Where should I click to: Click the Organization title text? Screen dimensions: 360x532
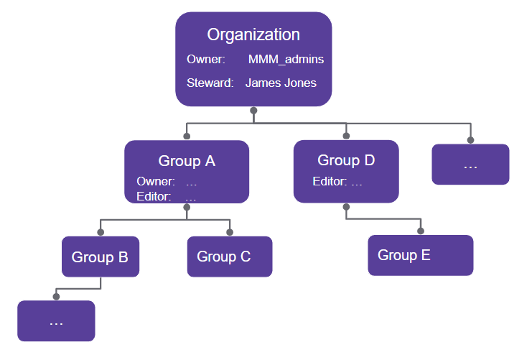click(x=253, y=34)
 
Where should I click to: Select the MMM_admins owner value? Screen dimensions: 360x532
click(x=286, y=60)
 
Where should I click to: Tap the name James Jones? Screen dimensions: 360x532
click(x=281, y=83)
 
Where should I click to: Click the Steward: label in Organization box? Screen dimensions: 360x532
click(x=210, y=83)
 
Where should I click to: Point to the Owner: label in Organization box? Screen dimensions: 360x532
click(x=206, y=60)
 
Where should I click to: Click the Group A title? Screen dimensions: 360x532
click(x=187, y=161)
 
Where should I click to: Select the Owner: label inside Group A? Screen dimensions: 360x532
click(x=156, y=183)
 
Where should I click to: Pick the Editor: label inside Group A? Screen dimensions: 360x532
click(x=154, y=196)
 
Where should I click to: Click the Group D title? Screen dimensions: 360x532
click(x=346, y=160)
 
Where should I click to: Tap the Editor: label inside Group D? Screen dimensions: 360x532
click(x=330, y=182)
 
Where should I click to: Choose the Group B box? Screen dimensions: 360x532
click(x=100, y=257)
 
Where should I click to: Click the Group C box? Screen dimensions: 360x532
click(x=230, y=257)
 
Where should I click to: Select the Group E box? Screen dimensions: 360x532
click(x=421, y=255)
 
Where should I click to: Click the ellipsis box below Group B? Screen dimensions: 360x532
click(x=56, y=321)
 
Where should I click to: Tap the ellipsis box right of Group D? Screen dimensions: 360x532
click(x=470, y=165)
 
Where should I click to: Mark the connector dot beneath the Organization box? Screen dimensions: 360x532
click(x=253, y=111)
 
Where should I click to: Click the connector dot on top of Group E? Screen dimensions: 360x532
click(x=421, y=231)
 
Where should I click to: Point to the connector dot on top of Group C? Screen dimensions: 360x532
click(x=230, y=232)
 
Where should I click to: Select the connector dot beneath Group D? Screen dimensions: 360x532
click(x=346, y=206)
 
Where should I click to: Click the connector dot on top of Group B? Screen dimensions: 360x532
click(x=101, y=232)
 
